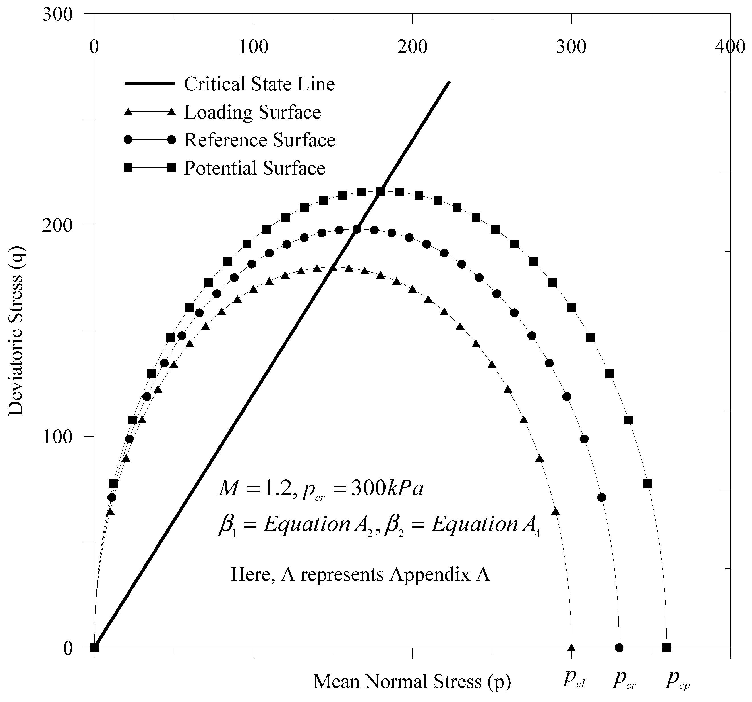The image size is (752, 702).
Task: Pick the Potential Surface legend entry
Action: (254, 168)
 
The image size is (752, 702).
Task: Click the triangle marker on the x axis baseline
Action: (571, 648)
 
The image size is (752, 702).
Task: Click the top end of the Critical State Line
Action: (449, 82)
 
